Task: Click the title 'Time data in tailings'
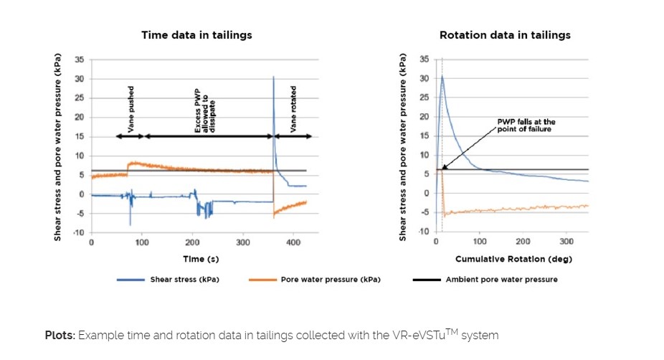click(196, 34)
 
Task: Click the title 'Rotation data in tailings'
click(505, 34)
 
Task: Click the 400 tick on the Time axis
click(293, 242)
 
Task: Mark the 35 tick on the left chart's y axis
click(80, 60)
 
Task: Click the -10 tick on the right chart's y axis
click(424, 232)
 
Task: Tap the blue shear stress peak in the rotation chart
click(442, 76)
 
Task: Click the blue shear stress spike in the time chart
click(273, 77)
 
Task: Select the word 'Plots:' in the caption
click(60, 335)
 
